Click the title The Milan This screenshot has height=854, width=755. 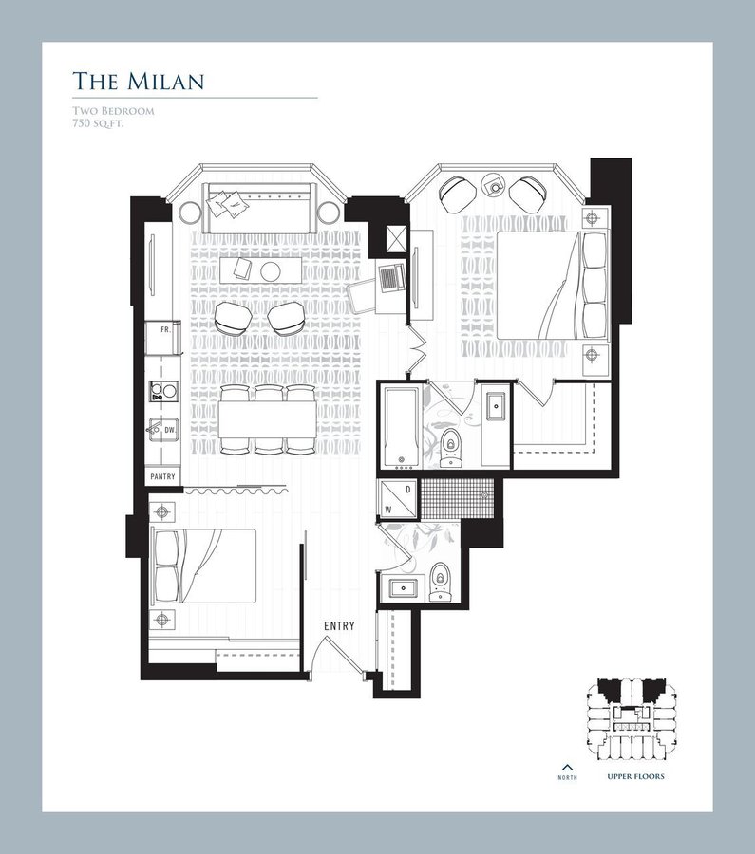click(x=139, y=81)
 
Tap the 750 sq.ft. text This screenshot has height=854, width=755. click(x=98, y=123)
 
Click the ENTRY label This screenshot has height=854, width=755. click(x=339, y=626)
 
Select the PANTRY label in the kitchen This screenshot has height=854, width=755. click(x=163, y=476)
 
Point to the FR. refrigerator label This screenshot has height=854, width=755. click(x=165, y=329)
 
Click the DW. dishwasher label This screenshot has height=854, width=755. click(x=170, y=430)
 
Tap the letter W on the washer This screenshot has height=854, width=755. click(x=388, y=511)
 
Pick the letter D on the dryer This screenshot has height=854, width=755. click(x=407, y=490)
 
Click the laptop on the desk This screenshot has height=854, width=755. click(x=391, y=278)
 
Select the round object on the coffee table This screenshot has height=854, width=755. click(x=270, y=270)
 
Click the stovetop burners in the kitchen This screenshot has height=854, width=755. click(x=164, y=391)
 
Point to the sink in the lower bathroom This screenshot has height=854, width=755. click(x=404, y=588)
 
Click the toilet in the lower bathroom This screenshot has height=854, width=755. click(x=441, y=583)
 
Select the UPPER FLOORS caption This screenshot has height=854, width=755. click(x=635, y=776)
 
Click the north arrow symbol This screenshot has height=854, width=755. click(x=568, y=769)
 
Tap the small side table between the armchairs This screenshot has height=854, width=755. click(x=495, y=186)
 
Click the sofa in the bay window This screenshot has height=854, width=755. click(x=260, y=208)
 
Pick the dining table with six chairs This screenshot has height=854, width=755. click(x=268, y=420)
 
